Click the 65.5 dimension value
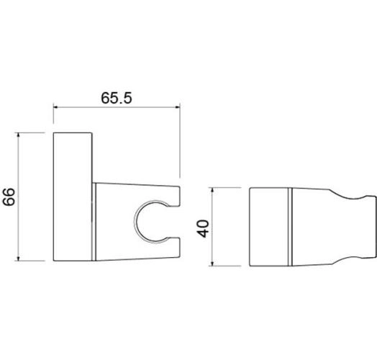click(117, 98)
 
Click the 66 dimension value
click(9, 197)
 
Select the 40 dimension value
click(203, 229)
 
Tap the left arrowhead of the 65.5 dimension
click(56, 107)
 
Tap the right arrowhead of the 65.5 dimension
click(177, 107)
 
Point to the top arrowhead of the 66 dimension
click(19, 136)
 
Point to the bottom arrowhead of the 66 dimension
click(19, 258)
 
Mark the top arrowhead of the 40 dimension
click(212, 191)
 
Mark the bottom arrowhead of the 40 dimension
click(212, 263)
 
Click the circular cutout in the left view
click(135, 222)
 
